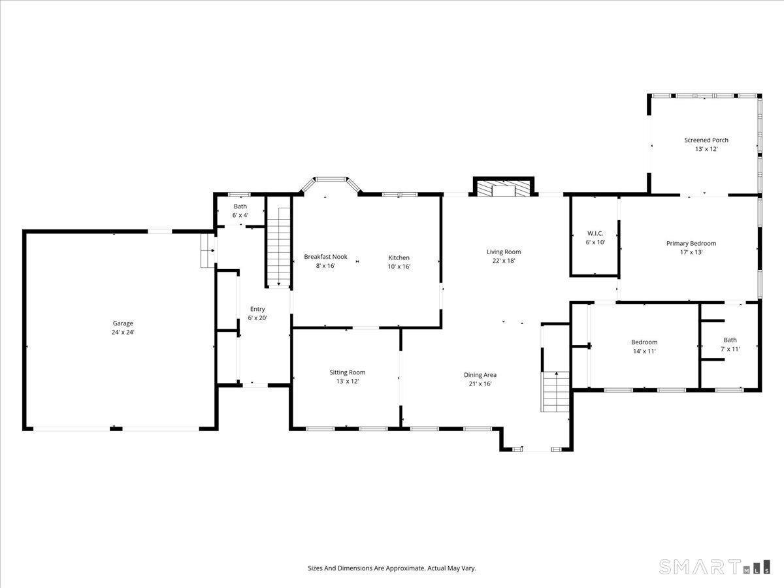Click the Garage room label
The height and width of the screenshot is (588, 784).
coord(123,323)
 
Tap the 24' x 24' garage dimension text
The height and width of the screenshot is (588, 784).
coord(123,333)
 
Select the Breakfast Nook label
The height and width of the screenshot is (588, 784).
coord(325,257)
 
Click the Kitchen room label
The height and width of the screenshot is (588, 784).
coord(399,257)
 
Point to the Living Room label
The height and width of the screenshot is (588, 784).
coord(504,252)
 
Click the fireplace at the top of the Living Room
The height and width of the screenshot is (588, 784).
coord(504,188)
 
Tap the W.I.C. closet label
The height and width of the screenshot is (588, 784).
coord(595,233)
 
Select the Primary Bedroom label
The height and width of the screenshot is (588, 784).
coord(691,244)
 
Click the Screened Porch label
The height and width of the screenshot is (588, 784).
coord(706,140)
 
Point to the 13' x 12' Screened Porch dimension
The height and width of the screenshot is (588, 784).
coord(706,149)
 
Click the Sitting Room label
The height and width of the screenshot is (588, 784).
coord(347,372)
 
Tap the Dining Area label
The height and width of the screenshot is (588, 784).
coord(480,375)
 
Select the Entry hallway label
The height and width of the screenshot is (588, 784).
coord(257,309)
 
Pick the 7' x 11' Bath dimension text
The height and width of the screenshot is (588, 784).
coord(730,349)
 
